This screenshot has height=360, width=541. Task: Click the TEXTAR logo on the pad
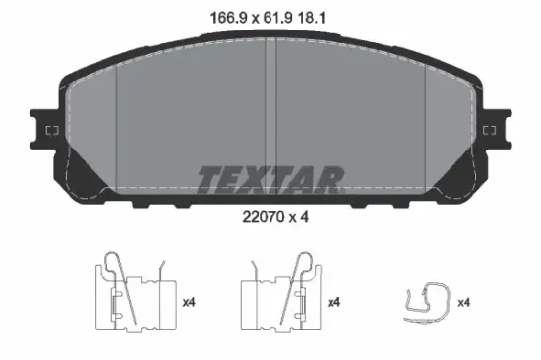click(x=270, y=180)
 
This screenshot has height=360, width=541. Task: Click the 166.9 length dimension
click(x=229, y=18)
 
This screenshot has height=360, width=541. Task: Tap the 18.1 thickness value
click(x=311, y=18)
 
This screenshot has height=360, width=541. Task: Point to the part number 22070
click(x=264, y=217)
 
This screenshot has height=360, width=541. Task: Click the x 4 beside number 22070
click(x=298, y=217)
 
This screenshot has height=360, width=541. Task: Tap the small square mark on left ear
click(x=52, y=131)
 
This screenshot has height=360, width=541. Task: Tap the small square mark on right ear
click(x=489, y=131)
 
